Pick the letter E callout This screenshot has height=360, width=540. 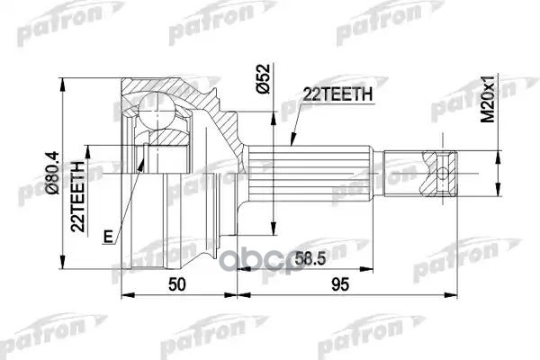tap(109, 237)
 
